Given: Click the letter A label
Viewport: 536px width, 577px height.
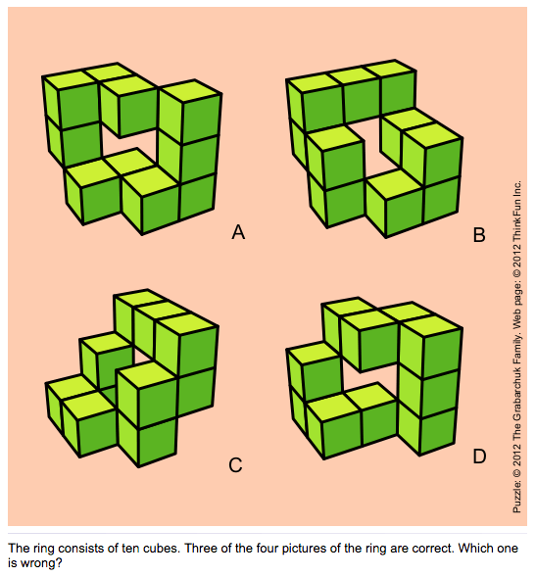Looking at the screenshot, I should tap(237, 232).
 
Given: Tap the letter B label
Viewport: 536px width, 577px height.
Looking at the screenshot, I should tap(479, 234).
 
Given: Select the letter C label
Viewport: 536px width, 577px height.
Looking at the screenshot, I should tap(235, 465).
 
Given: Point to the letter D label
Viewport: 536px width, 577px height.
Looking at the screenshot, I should tap(478, 456).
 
